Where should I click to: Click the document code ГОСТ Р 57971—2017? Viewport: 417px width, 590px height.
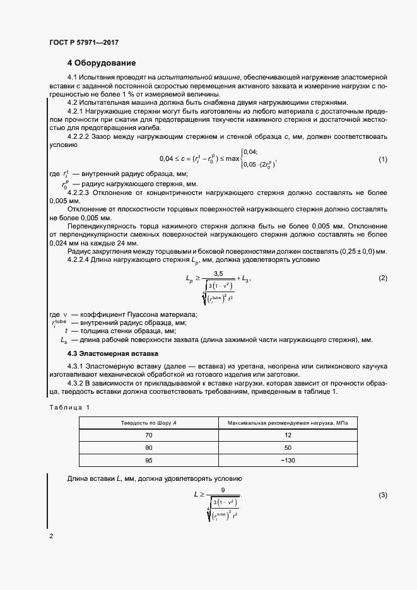[x=83, y=42]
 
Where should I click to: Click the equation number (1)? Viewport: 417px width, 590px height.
[x=382, y=159]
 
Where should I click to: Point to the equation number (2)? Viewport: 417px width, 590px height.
[x=382, y=278]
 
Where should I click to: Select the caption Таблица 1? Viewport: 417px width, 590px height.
[x=69, y=407]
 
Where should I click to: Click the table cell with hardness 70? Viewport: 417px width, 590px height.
[x=149, y=436]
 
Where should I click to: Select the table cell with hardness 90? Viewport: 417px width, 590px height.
[x=149, y=448]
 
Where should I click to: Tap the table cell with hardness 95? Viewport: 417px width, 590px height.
[x=149, y=460]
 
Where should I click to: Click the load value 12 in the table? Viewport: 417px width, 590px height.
[x=287, y=436]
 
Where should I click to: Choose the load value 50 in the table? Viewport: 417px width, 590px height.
[x=287, y=448]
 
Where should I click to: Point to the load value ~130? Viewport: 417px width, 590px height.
[x=287, y=460]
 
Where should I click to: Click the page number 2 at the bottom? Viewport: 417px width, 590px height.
[x=51, y=536]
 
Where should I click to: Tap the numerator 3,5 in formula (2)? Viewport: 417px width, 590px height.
[x=219, y=273]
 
